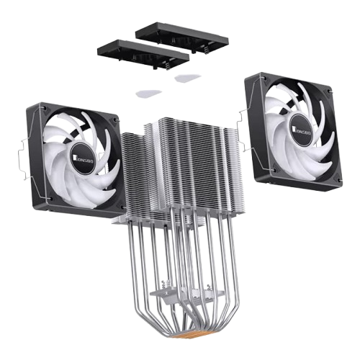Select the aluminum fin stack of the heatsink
click(x=180, y=166)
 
